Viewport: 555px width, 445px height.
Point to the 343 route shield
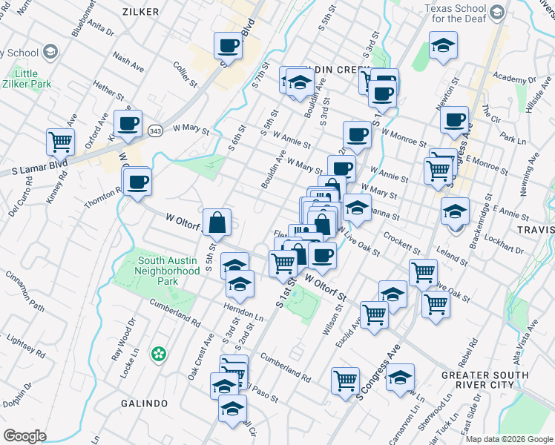[155, 131]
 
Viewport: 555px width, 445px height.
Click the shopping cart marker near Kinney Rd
[60, 141]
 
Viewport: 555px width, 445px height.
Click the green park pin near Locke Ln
[157, 355]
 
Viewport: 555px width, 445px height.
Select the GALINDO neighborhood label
[145, 403]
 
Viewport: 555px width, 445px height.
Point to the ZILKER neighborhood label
[143, 12]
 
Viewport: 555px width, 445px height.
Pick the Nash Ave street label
[128, 62]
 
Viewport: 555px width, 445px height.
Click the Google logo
[24, 436]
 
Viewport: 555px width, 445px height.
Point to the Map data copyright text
[509, 439]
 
